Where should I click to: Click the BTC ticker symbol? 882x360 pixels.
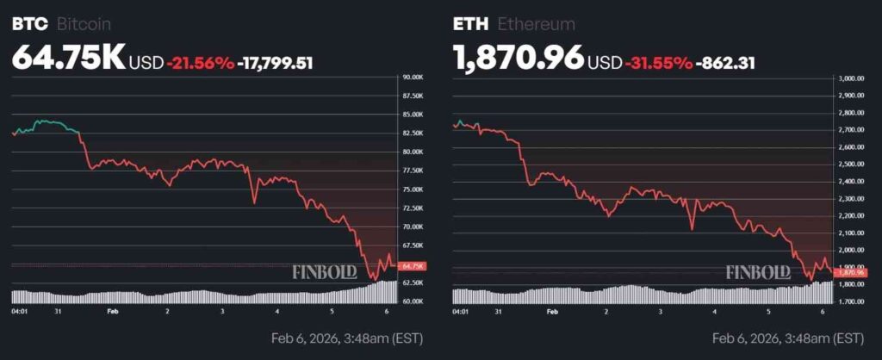pos(30,24)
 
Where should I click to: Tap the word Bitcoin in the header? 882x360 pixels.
pos(84,24)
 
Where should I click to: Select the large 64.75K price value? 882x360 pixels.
pos(68,58)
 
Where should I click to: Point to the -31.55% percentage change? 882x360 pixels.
pos(660,62)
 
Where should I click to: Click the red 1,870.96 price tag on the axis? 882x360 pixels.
pos(851,272)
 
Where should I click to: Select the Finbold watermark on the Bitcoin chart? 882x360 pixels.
pos(326,273)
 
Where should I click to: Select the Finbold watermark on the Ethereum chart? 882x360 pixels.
pos(758,273)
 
